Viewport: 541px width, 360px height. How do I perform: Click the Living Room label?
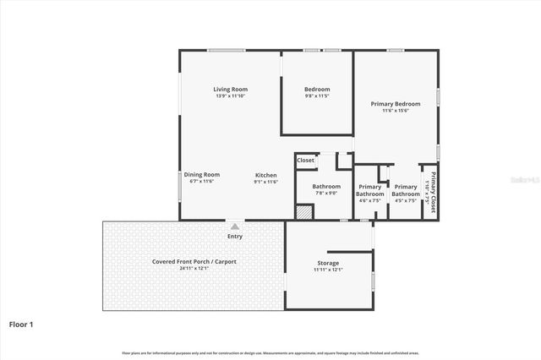click(230, 89)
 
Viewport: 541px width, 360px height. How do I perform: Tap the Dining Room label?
click(201, 174)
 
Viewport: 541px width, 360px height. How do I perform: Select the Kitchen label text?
click(266, 174)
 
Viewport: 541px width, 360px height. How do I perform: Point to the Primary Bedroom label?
click(395, 104)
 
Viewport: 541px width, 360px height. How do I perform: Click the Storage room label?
click(328, 264)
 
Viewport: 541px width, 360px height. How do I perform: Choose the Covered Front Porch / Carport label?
click(194, 261)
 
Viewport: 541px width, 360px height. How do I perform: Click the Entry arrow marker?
click(233, 226)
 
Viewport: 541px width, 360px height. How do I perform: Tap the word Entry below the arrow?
click(234, 237)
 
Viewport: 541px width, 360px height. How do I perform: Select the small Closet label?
click(305, 160)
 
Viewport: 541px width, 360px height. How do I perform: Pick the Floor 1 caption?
click(22, 324)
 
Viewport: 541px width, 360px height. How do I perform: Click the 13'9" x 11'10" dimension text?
click(230, 96)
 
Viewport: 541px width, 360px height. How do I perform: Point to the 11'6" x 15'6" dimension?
click(395, 111)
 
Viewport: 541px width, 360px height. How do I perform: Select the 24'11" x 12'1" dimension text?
click(194, 268)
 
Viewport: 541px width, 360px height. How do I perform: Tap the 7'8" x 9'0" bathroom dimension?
click(326, 193)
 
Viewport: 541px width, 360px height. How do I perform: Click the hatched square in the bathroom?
click(304, 212)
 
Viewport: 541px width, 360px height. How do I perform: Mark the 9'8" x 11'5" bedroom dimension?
click(317, 96)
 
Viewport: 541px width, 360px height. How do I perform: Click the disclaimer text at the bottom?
click(270, 352)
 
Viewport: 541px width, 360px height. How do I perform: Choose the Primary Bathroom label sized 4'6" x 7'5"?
click(370, 190)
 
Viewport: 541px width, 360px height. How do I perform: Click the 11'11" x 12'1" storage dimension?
click(328, 270)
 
